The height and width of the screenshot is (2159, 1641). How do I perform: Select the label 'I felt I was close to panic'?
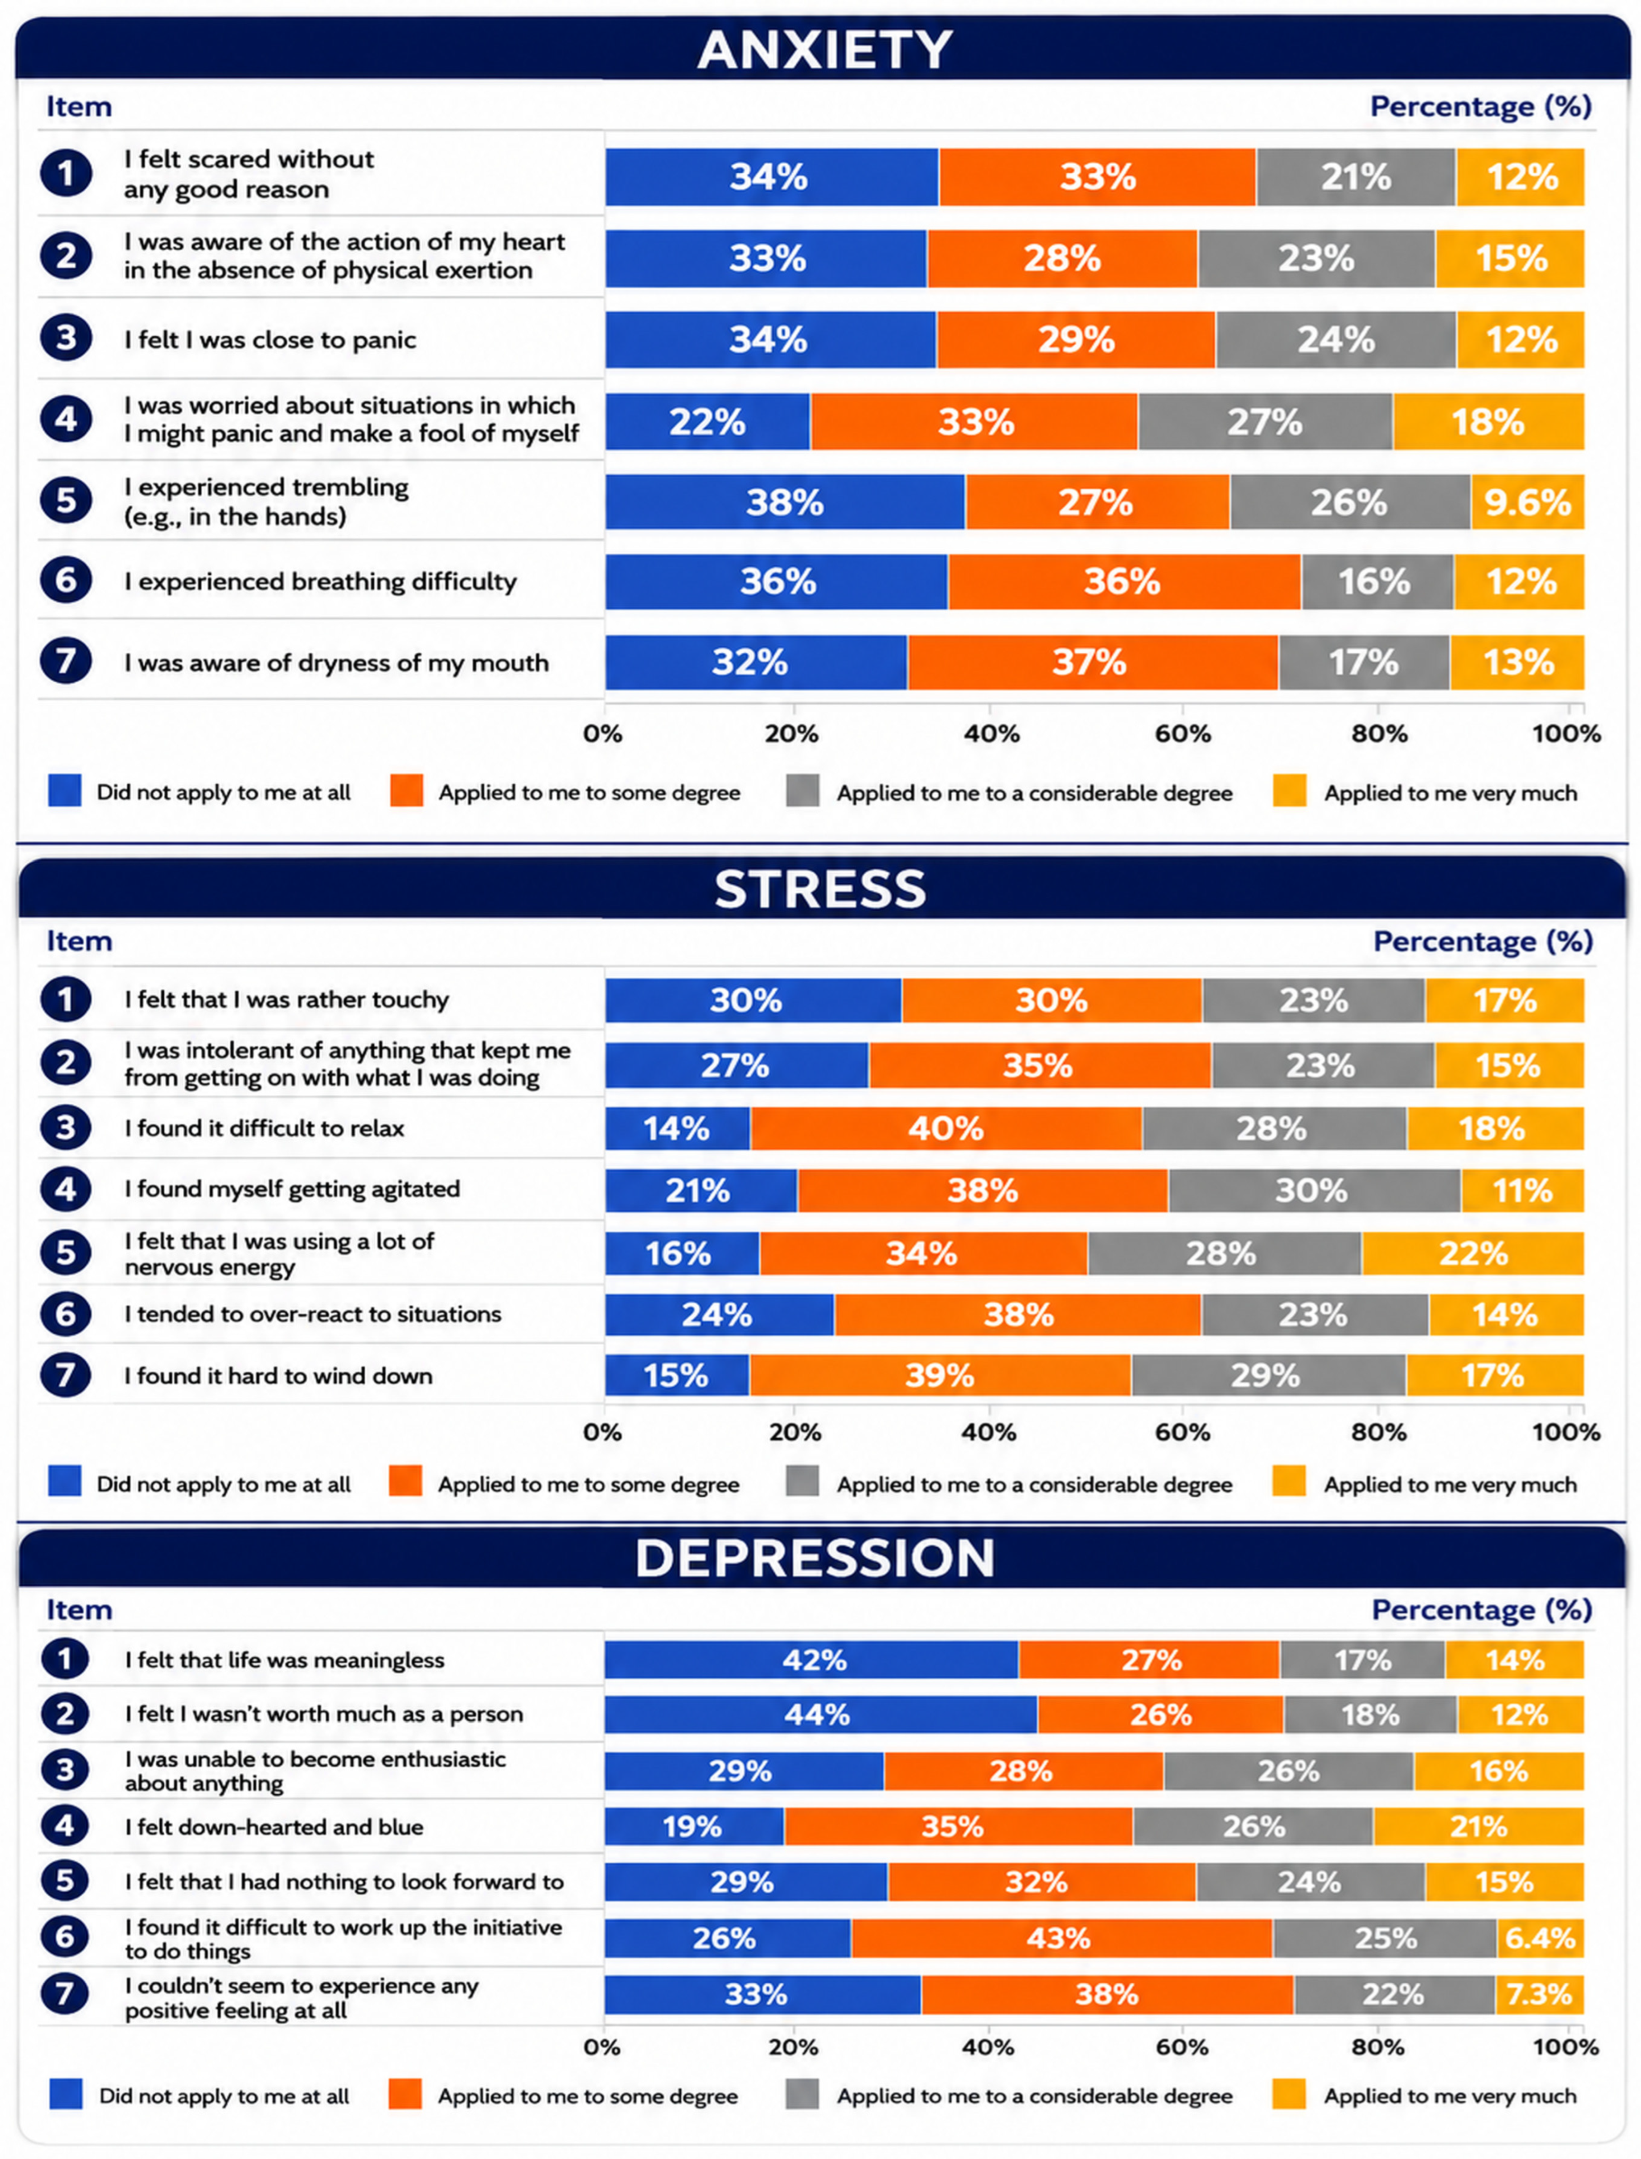tap(270, 340)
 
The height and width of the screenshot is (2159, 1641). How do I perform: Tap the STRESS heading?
tap(820, 889)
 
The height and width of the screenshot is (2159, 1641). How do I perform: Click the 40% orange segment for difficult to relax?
tap(946, 1128)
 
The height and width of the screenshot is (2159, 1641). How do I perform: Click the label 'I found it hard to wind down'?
tap(278, 1375)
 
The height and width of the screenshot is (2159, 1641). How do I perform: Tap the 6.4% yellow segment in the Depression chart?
tap(1540, 1938)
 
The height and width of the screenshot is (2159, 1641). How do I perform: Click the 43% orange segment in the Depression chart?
tap(1062, 1938)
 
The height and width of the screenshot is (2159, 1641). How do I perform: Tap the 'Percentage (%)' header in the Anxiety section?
tap(1481, 107)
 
